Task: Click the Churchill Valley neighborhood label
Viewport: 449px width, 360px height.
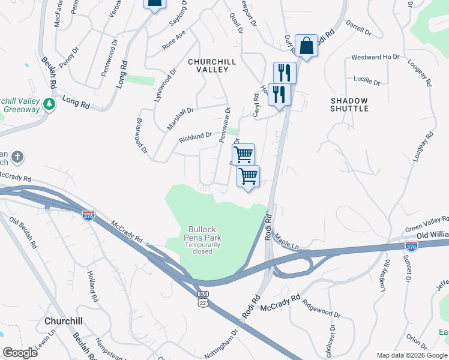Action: [x=208, y=65]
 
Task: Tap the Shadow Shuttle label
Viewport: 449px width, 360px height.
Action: [x=349, y=104]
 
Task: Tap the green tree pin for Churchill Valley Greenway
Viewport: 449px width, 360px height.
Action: [x=49, y=104]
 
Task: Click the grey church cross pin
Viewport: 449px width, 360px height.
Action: [x=18, y=158]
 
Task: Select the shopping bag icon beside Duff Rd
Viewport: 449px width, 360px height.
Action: [x=306, y=46]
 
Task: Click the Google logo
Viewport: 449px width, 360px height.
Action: [x=20, y=353]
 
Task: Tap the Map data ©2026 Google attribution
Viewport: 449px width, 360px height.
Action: [x=412, y=355]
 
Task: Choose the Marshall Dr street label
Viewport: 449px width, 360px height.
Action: [x=180, y=118]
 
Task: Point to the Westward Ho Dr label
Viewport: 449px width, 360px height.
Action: [x=375, y=57]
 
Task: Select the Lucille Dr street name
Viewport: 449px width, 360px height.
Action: [x=367, y=80]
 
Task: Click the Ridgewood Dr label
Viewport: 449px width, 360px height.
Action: [x=321, y=309]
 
